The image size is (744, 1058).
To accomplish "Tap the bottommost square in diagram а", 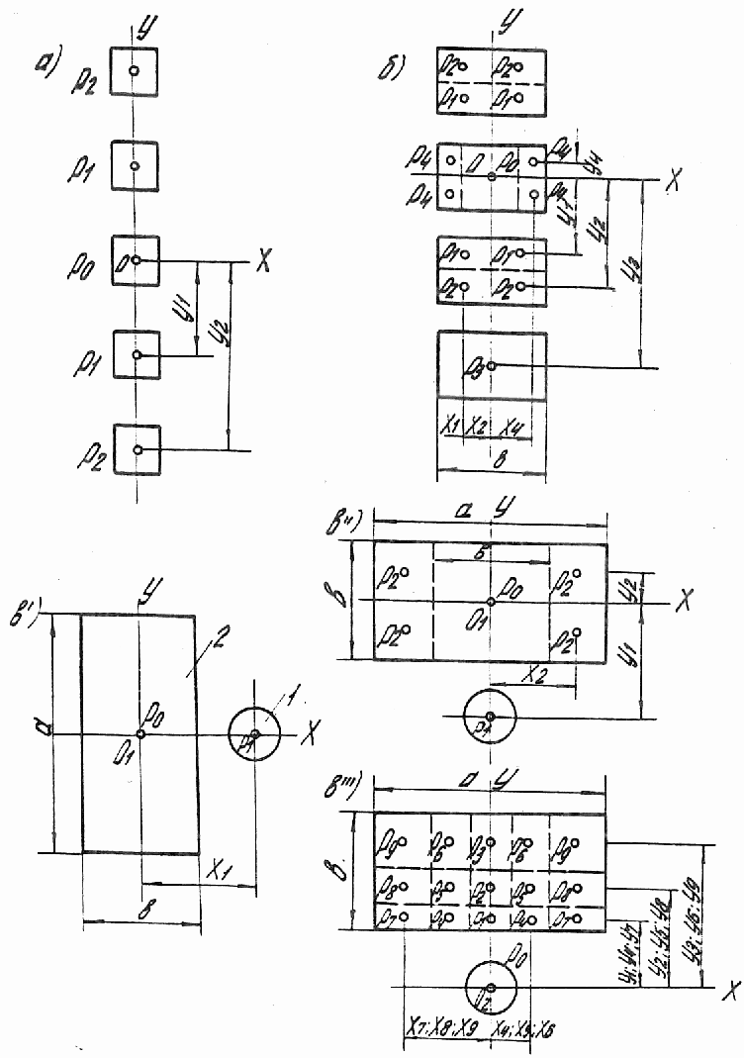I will [x=138, y=449].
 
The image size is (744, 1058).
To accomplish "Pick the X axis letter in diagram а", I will [x=262, y=264].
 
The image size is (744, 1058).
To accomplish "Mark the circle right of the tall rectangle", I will [x=255, y=733].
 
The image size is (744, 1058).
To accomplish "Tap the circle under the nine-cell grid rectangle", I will [x=492, y=988].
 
